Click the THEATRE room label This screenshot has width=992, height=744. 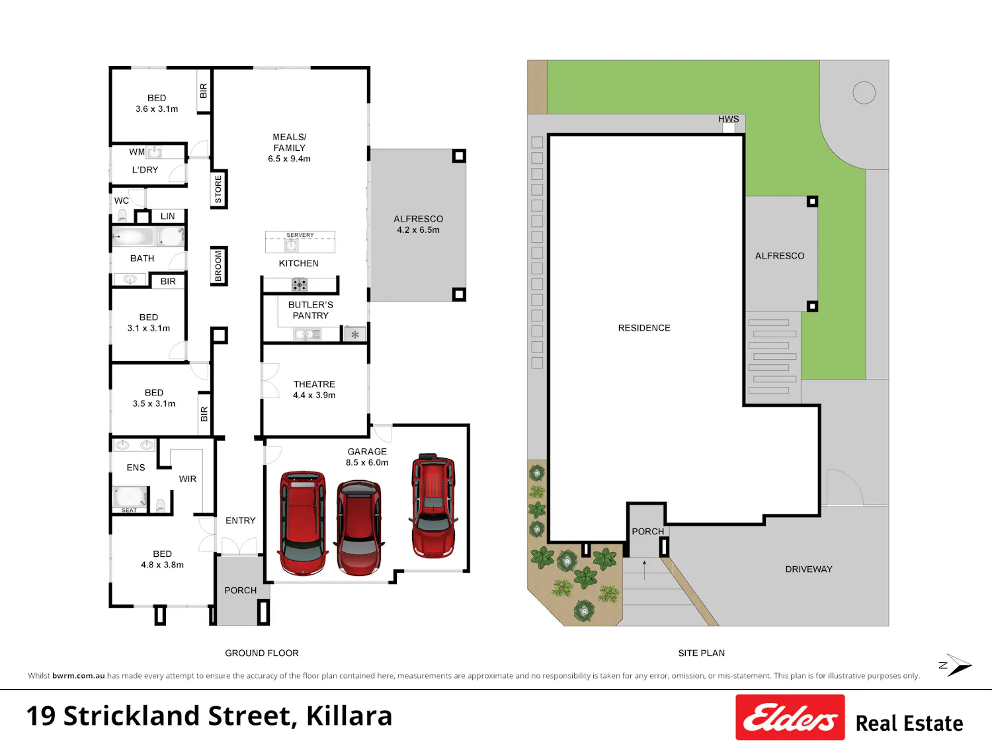314,384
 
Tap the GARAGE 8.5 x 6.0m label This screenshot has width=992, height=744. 367,457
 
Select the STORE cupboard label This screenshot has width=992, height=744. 218,189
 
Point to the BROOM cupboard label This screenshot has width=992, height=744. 218,266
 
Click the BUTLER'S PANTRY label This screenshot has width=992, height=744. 310,310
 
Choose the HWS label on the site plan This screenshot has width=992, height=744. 729,119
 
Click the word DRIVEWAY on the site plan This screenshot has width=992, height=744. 809,569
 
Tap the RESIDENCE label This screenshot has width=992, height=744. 644,328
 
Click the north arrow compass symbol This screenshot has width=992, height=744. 956,665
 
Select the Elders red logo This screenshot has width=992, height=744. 790,717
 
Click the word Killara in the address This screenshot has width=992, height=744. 349,716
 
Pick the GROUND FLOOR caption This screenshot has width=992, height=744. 262,653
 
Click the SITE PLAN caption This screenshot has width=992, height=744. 702,653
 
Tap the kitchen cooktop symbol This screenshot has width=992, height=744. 299,284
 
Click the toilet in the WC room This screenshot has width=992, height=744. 122,215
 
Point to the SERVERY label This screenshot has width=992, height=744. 300,235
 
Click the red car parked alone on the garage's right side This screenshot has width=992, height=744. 433,505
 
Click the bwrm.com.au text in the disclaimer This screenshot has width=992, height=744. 78,675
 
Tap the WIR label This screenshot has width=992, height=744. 188,479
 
